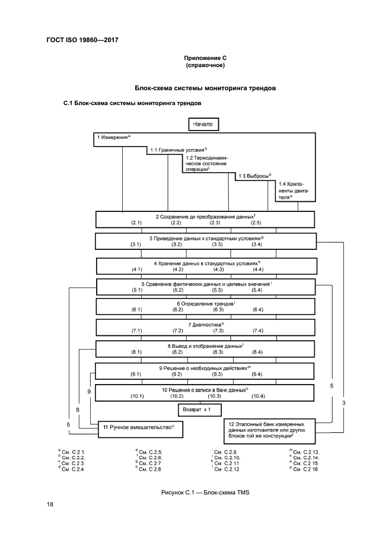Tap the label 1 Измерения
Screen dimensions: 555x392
pos(113,138)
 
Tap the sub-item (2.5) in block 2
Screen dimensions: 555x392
pos(256,223)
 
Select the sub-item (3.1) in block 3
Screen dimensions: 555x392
pos(136,244)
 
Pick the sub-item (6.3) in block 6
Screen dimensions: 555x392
pos(218,309)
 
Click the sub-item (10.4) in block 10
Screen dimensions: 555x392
pos(259,395)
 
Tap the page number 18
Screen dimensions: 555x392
pos(50,504)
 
